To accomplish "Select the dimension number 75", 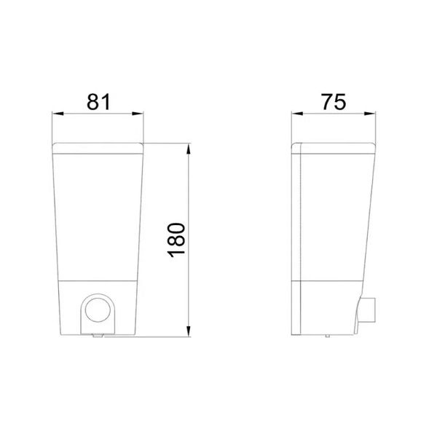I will click(334, 102).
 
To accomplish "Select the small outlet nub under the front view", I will click(96, 336).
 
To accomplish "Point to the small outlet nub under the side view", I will click(328, 336).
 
